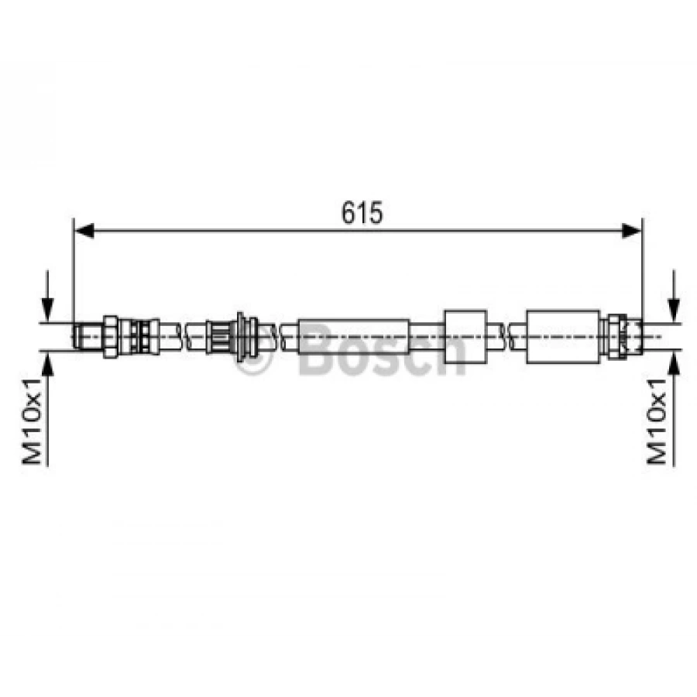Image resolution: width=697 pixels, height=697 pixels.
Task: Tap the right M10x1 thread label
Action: click(657, 421)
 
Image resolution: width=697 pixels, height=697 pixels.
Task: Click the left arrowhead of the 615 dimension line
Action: click(84, 231)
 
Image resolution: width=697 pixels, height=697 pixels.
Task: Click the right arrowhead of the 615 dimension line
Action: click(631, 231)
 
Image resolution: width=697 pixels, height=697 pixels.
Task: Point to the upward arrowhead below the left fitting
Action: click(47, 363)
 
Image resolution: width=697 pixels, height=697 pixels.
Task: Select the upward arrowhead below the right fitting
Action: click(675, 363)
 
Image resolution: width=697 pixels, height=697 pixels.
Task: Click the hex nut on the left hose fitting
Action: click(110, 337)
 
